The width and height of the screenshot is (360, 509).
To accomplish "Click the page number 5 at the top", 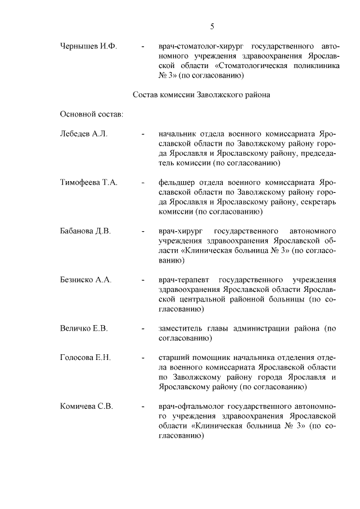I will point(212,26).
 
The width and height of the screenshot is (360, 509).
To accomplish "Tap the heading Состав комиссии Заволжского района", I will point(201,95).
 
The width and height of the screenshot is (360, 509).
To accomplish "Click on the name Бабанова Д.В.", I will point(85,231).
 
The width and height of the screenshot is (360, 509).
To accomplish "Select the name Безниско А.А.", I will point(86,280).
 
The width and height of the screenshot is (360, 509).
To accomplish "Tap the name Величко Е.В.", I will point(84,328).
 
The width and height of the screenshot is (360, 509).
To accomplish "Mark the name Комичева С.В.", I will point(87,406).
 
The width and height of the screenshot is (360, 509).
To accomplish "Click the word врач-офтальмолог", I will point(190,406).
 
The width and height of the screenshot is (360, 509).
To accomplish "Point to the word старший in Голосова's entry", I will point(172,358).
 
